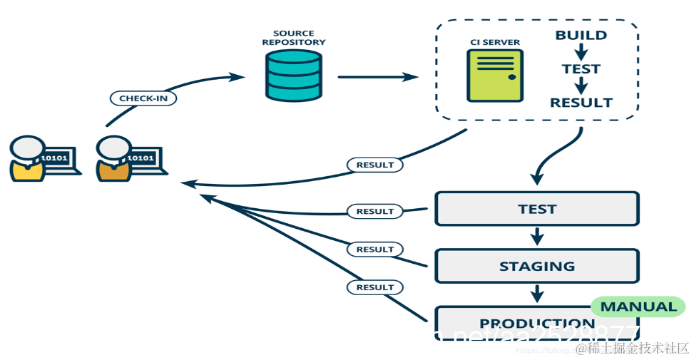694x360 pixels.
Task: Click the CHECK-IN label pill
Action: point(143,98)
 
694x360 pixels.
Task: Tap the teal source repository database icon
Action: point(294,76)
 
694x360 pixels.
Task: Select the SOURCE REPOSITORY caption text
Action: point(293,38)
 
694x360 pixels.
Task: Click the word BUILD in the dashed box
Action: point(581,35)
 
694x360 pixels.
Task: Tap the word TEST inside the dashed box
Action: point(581,69)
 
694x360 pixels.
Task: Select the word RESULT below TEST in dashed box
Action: point(581,103)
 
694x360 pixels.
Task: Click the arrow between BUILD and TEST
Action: point(581,51)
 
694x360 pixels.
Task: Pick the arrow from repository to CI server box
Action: point(377,77)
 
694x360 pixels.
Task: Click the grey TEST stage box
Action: point(537,209)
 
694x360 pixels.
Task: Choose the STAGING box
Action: point(537,266)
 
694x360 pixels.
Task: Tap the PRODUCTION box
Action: point(514,323)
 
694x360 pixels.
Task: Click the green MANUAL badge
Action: point(638,307)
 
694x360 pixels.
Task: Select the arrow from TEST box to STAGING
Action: point(537,236)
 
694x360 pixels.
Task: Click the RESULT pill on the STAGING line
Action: point(375,250)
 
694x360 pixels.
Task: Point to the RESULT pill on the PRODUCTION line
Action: point(375,287)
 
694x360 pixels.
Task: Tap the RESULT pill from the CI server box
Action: point(375,165)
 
